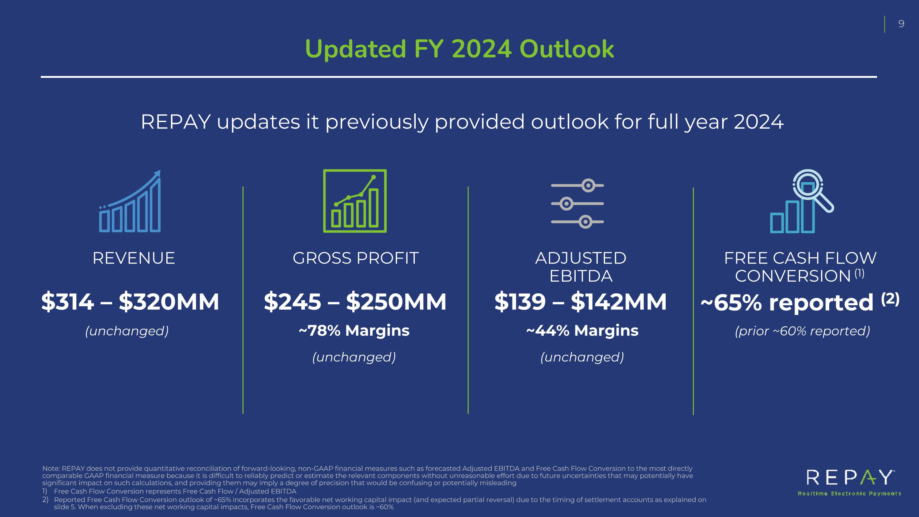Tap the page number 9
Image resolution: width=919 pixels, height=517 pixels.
point(901,24)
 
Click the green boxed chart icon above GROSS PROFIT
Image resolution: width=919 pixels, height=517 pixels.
point(355,201)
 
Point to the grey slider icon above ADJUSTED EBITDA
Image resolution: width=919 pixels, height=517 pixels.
point(577,203)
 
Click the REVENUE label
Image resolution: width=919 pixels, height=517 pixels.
point(134,258)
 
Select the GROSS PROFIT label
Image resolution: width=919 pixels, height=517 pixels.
point(355,258)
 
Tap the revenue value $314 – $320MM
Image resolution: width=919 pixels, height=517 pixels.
point(130,302)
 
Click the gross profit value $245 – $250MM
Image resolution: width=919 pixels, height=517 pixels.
point(355,302)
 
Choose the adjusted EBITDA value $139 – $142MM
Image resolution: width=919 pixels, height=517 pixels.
point(581,302)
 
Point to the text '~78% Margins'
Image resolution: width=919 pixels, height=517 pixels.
point(354,330)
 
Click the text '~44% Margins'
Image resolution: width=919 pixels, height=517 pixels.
point(582,330)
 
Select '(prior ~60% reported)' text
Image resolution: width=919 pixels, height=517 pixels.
point(802,331)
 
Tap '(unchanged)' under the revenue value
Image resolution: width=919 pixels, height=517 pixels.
point(127,331)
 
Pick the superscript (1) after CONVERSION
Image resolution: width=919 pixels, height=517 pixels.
point(860,273)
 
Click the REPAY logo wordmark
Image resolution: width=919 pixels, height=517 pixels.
point(849,477)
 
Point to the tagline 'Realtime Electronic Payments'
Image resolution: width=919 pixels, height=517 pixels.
point(849,493)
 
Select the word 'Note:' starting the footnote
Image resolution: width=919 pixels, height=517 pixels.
point(51,469)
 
